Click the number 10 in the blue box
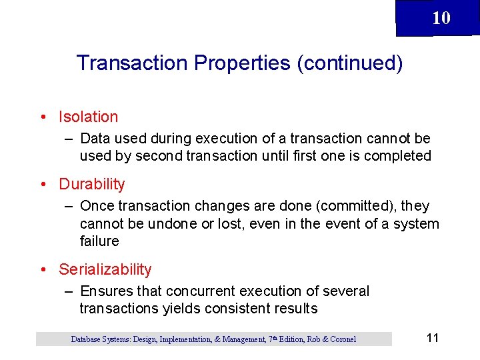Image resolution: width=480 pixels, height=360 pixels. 441,18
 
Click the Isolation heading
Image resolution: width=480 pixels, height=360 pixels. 88,117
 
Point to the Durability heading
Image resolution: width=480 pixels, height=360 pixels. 91,184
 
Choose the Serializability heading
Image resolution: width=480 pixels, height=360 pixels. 105,269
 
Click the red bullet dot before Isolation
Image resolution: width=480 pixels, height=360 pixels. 43,117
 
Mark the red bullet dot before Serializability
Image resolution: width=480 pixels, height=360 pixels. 43,270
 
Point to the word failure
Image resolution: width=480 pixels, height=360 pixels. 99,241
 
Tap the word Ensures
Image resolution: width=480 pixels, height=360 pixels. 106,291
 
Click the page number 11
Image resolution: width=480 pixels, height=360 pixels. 432,338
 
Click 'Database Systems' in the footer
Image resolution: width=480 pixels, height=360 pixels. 101,339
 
